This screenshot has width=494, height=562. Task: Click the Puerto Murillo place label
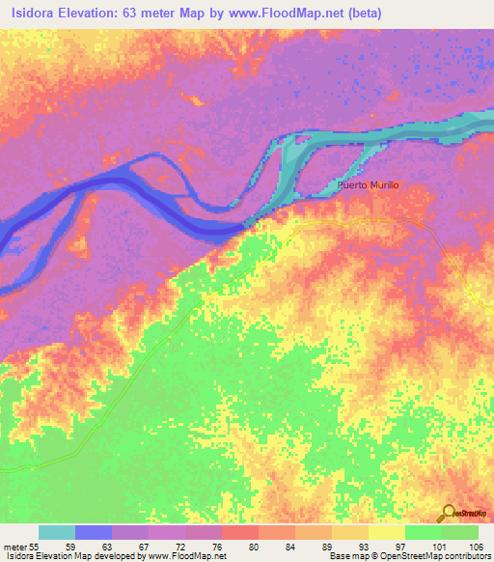[368, 184]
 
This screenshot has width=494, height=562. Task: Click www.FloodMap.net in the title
[273, 13]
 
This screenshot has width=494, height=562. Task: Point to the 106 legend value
[475, 547]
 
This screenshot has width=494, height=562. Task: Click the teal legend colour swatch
[57, 532]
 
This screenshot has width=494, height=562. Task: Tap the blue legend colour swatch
[94, 532]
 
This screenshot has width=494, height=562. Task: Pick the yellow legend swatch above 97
[386, 532]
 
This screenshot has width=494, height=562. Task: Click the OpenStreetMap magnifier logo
[449, 514]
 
